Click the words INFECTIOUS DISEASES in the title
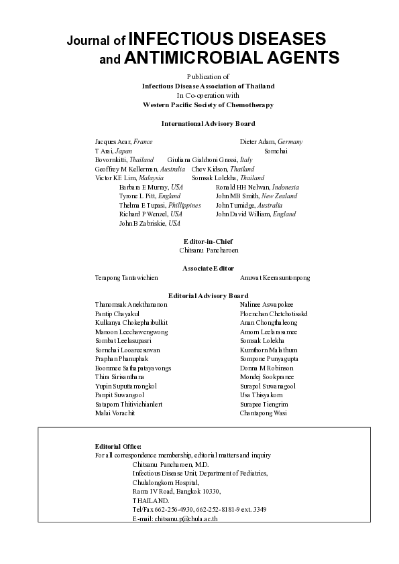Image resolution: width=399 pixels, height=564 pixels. tap(226, 38)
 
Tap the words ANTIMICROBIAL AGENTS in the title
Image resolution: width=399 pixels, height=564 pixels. tap(231, 58)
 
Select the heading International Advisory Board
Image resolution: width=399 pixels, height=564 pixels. tap(208, 123)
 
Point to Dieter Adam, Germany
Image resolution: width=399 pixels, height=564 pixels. tap(271, 142)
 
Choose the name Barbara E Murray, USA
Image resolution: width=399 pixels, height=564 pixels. tap(151, 187)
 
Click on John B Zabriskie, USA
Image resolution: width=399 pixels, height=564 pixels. tap(150, 223)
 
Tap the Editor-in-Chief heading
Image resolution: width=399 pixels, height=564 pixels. tap(208, 241)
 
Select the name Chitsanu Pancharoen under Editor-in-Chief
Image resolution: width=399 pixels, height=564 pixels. tap(209, 250)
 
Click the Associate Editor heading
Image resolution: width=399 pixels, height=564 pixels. tap(208, 268)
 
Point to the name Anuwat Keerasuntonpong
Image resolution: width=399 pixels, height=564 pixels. tap(275, 277)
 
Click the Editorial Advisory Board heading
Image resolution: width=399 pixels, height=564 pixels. tap(208, 295)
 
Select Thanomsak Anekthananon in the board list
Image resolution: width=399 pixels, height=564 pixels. tap(131, 305)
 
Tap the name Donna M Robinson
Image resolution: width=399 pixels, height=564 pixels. tap(266, 368)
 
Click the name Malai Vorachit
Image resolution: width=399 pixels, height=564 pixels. tap(115, 413)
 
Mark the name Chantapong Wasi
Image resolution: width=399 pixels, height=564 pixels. tap(264, 413)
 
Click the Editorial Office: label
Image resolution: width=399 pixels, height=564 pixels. tap(118, 446)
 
